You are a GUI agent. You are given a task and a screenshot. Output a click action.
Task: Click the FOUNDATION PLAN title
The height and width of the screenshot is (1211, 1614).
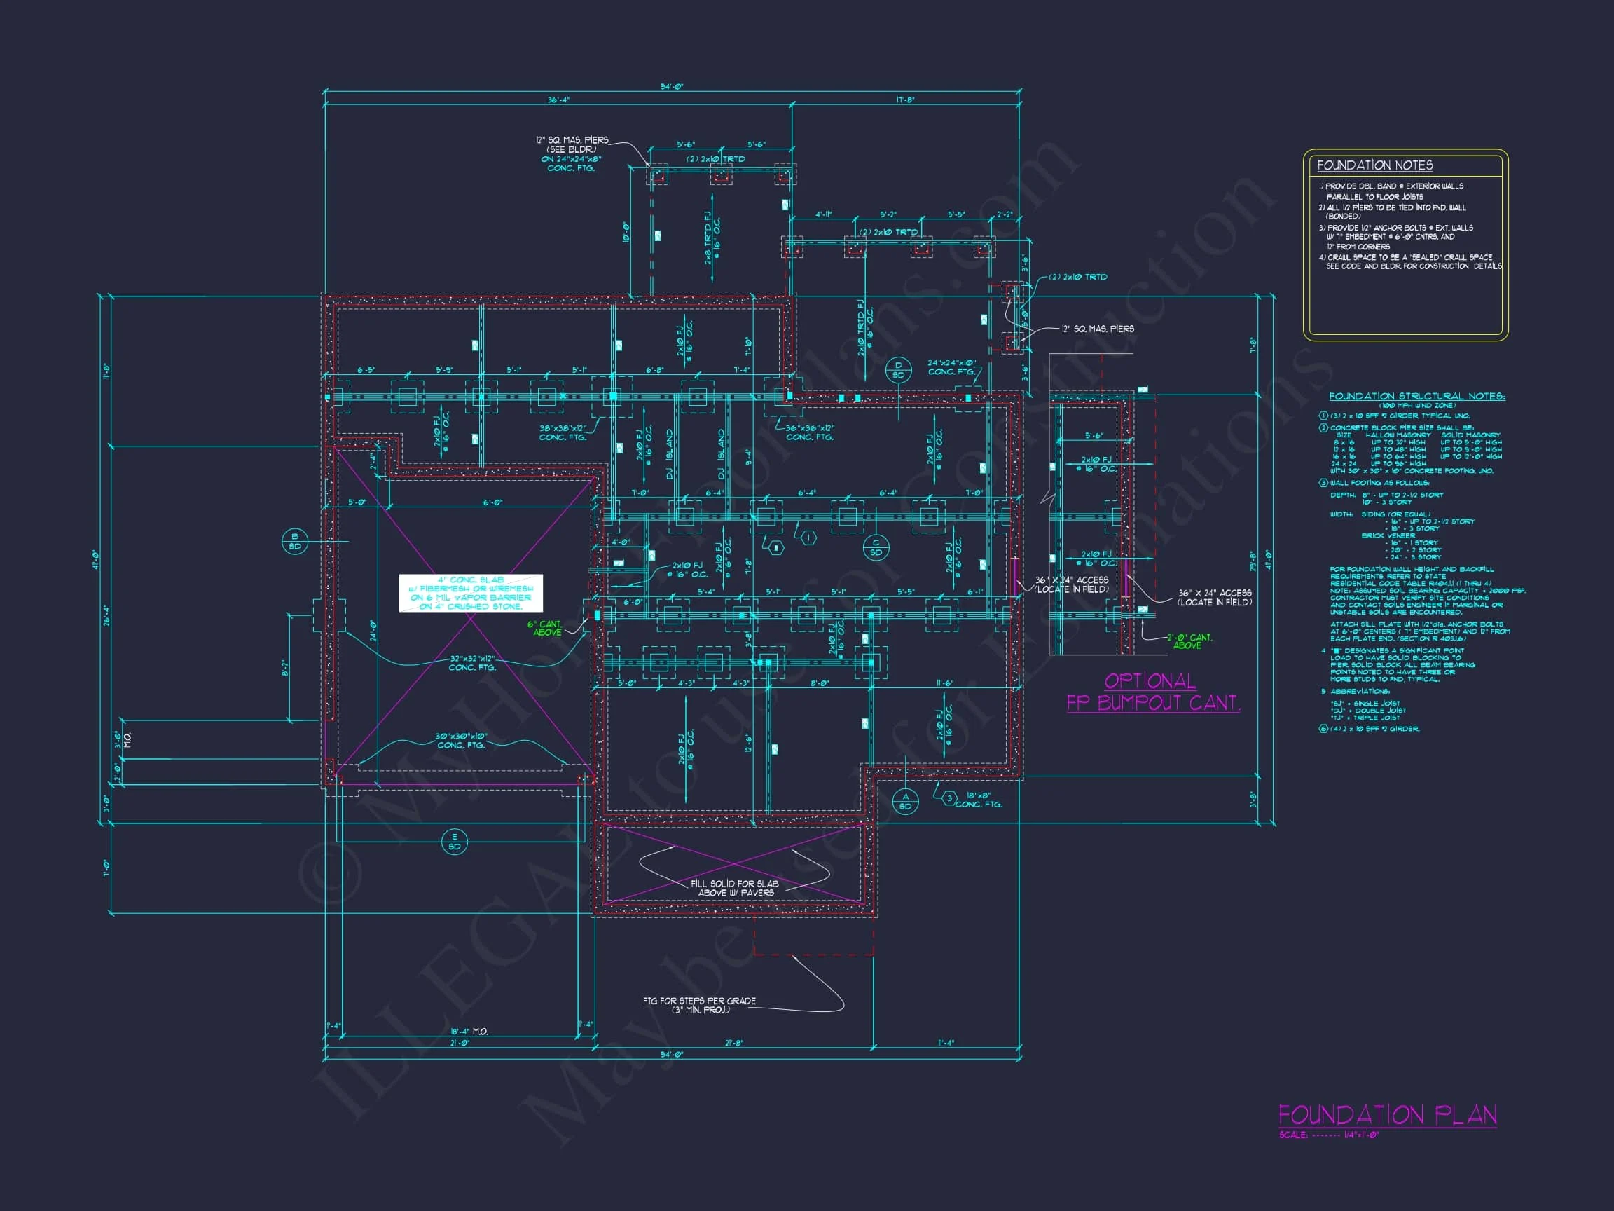[1387, 1115]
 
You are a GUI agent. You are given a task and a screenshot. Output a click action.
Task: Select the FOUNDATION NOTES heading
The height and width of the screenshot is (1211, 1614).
[1374, 165]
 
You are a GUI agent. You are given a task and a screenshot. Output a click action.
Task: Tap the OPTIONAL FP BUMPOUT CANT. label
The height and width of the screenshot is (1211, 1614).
[1152, 692]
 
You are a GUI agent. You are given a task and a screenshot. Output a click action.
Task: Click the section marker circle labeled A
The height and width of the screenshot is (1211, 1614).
[906, 802]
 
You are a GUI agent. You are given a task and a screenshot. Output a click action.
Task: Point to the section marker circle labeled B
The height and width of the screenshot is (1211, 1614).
[295, 541]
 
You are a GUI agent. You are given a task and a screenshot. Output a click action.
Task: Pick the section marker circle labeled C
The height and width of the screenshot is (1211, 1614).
[876, 547]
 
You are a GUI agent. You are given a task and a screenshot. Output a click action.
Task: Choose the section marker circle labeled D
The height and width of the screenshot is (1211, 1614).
[898, 370]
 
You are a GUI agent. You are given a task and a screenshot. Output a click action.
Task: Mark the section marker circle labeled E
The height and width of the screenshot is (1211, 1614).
[455, 842]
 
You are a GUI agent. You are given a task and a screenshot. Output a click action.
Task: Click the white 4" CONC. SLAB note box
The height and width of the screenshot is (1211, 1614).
[471, 593]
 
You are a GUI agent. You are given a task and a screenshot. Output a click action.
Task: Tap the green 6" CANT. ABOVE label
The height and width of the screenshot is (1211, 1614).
[545, 629]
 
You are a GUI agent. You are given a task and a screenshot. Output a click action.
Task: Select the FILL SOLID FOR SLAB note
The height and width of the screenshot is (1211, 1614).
[735, 888]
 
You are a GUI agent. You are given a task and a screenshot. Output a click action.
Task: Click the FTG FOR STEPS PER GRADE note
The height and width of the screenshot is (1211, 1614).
[699, 1004]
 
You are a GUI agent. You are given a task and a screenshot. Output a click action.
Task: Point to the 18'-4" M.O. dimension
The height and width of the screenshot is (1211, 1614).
[469, 1032]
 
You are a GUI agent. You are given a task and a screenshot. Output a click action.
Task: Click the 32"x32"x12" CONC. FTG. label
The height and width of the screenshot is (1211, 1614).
[472, 663]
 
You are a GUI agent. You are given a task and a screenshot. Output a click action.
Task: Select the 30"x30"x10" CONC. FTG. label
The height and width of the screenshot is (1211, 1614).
[460, 741]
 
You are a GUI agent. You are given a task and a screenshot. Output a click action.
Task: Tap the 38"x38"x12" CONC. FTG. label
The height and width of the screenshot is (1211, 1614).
[563, 433]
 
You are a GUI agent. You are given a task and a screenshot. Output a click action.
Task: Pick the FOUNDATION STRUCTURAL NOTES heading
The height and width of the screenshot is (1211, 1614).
[1416, 397]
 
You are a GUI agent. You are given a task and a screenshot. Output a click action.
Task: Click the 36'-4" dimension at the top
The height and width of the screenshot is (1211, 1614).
[558, 100]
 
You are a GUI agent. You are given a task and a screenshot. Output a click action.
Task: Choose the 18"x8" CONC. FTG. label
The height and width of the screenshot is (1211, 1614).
[979, 800]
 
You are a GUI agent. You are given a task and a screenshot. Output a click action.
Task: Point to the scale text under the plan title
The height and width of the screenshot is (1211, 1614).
[1329, 1135]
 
